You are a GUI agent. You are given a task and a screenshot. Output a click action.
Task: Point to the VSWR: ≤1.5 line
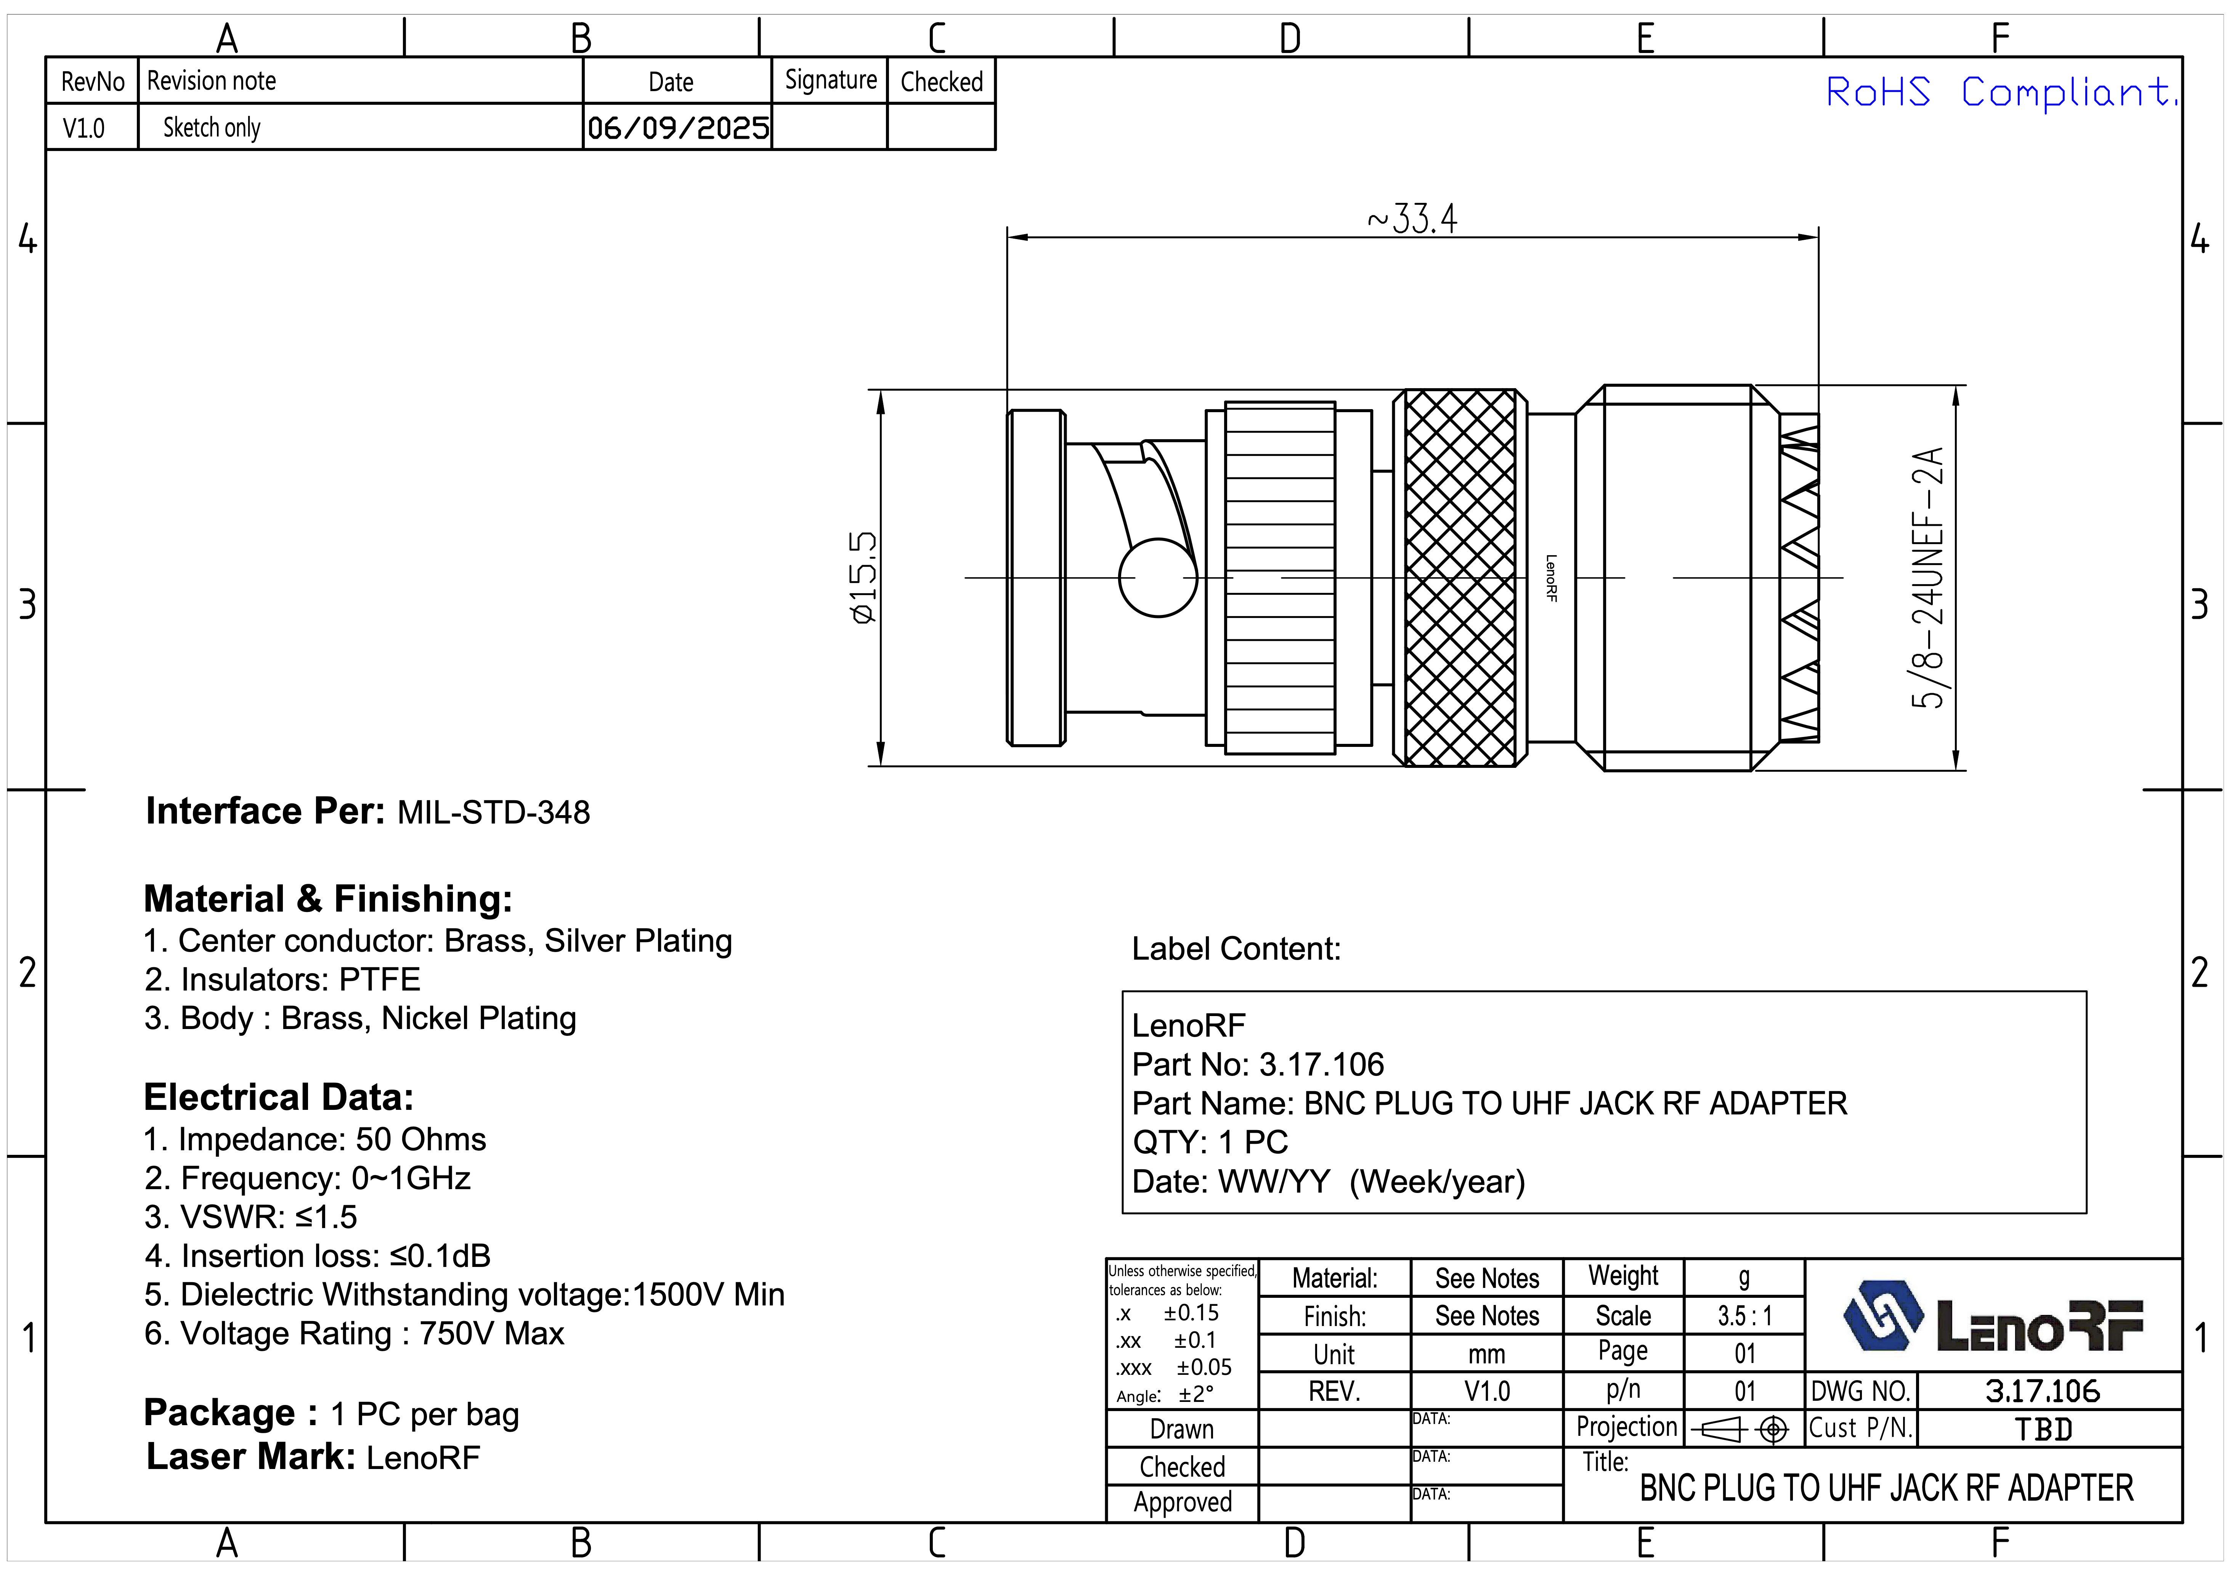[x=250, y=1217]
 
